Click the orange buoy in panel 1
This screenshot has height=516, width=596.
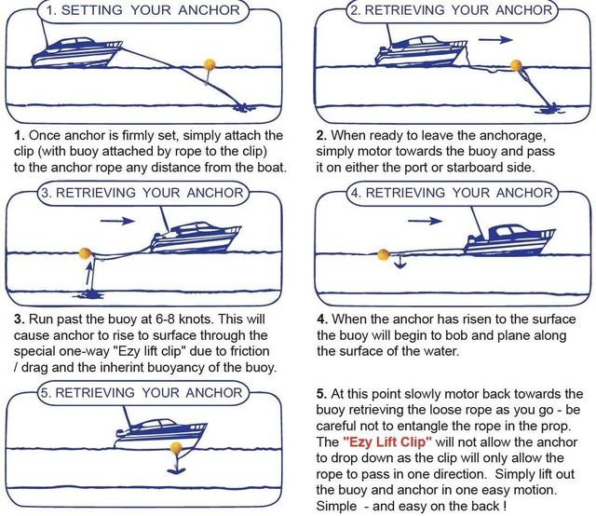pyautogui.click(x=210, y=64)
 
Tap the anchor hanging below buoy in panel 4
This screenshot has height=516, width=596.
pyautogui.click(x=398, y=266)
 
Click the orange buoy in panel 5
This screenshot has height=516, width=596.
pyautogui.click(x=172, y=449)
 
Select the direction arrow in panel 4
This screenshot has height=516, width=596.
pyautogui.click(x=425, y=222)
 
